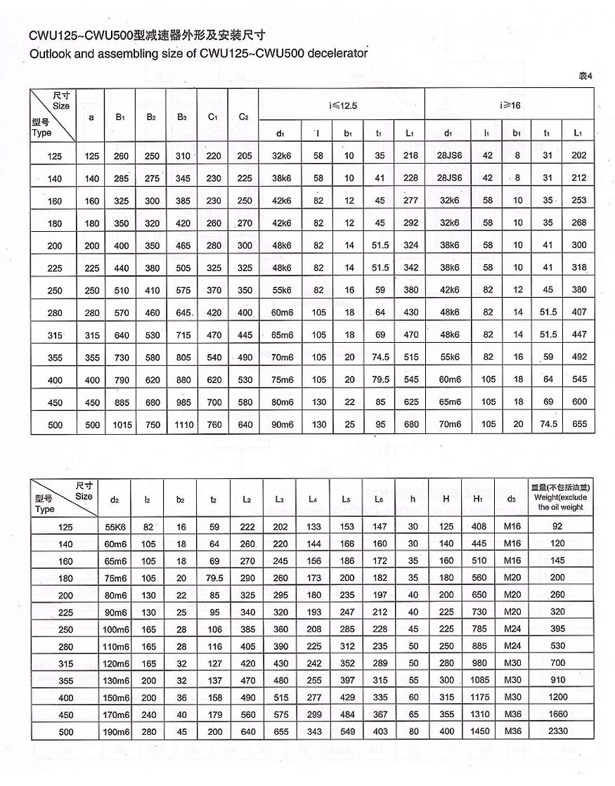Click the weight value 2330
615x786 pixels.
coord(562,732)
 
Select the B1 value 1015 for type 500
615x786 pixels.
coord(122,425)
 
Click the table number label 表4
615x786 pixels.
coord(585,76)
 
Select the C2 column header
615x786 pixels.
coord(243,117)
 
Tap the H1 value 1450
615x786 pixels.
coord(478,732)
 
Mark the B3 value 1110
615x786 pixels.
coord(182,425)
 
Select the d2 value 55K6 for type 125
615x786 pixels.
coord(115,525)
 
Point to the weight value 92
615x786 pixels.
coord(562,525)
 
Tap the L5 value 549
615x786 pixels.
coord(347,732)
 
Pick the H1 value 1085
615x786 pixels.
coord(478,680)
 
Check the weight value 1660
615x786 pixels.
coord(562,714)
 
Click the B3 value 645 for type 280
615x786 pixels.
coord(182,313)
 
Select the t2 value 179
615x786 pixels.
coord(215,714)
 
